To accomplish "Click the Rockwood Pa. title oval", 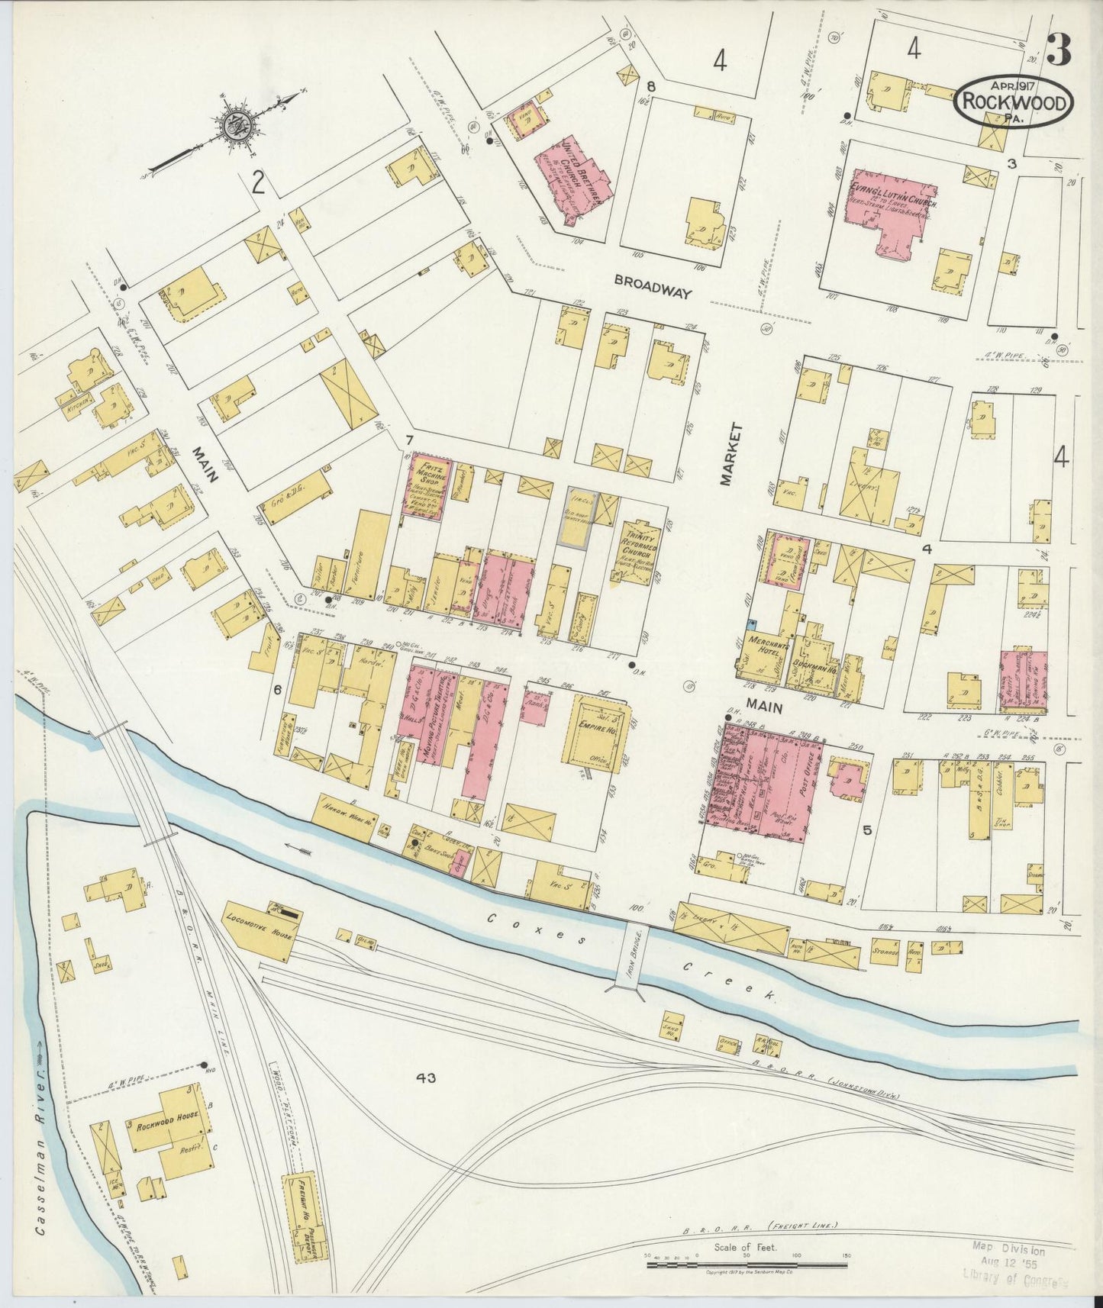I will (x=1013, y=101).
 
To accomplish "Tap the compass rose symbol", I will (x=238, y=124).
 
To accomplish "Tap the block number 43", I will (x=425, y=1078).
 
